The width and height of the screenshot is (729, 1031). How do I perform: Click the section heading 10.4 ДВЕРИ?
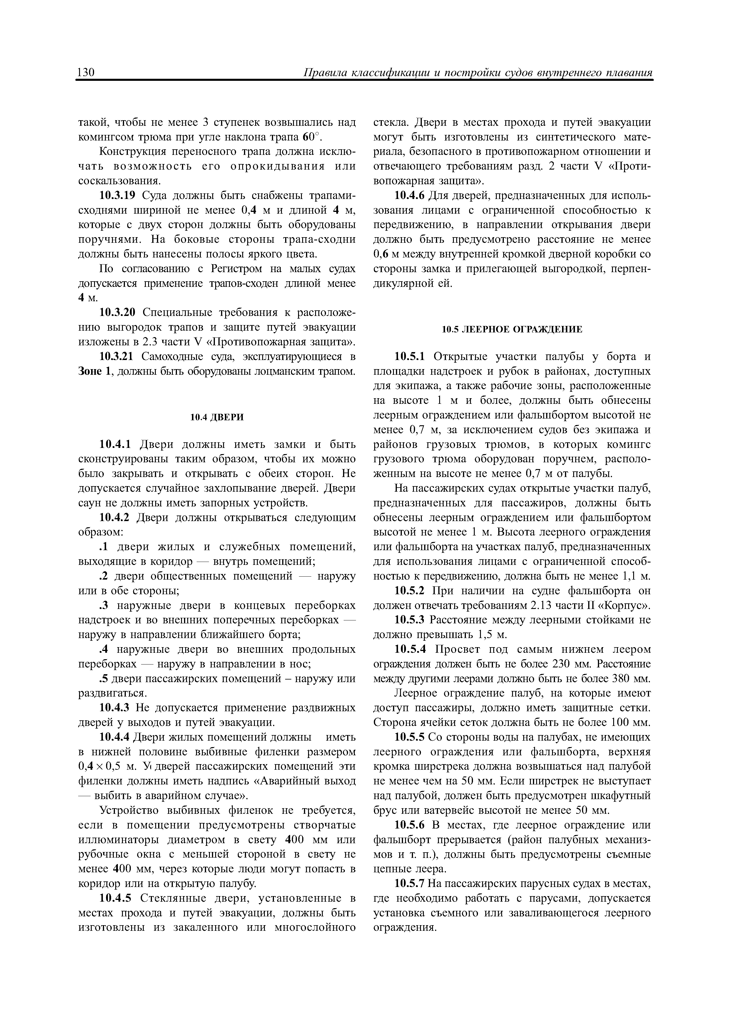pos(217,417)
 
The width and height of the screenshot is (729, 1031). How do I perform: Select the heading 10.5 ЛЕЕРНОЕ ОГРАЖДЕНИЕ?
pos(512,329)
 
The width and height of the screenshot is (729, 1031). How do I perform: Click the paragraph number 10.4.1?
pos(115,445)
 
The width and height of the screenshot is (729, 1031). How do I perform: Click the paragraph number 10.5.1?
pos(410,357)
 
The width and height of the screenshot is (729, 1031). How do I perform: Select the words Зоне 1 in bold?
pos(94,372)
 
